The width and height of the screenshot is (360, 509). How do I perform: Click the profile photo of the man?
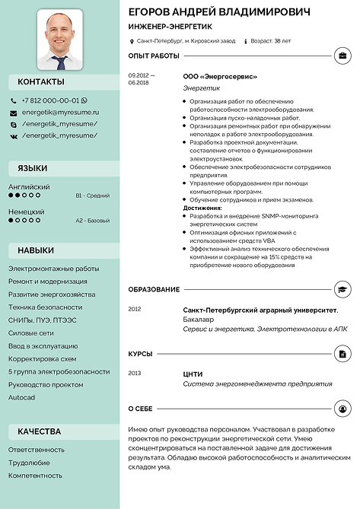[x=60, y=39]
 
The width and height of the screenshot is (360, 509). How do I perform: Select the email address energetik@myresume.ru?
[x=60, y=112]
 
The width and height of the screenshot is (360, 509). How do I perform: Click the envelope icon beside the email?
[x=14, y=113]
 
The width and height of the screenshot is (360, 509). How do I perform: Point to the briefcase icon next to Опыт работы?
[x=342, y=56]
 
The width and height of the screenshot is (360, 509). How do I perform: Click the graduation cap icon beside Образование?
[x=342, y=290]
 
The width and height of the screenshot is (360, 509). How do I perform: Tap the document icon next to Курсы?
[x=342, y=354]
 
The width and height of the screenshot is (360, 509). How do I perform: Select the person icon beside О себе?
[x=342, y=409]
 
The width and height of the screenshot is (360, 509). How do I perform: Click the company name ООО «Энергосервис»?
[x=220, y=76]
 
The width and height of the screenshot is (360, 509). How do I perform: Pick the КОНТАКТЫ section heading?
[x=41, y=81]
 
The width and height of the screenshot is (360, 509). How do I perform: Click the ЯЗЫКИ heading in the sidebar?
[x=33, y=168]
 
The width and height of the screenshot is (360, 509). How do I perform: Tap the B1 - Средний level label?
[x=93, y=196]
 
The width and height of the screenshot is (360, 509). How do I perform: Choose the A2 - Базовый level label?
[x=93, y=221]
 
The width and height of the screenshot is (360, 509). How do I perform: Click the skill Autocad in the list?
[x=21, y=398]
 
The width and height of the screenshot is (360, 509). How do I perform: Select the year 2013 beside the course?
[x=135, y=374]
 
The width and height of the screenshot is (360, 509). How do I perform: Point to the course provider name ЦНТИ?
[x=193, y=374]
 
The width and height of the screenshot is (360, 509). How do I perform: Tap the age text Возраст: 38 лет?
[x=271, y=40]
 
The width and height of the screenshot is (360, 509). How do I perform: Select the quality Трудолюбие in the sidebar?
[x=29, y=463]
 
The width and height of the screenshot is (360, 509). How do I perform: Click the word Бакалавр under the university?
[x=199, y=320]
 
